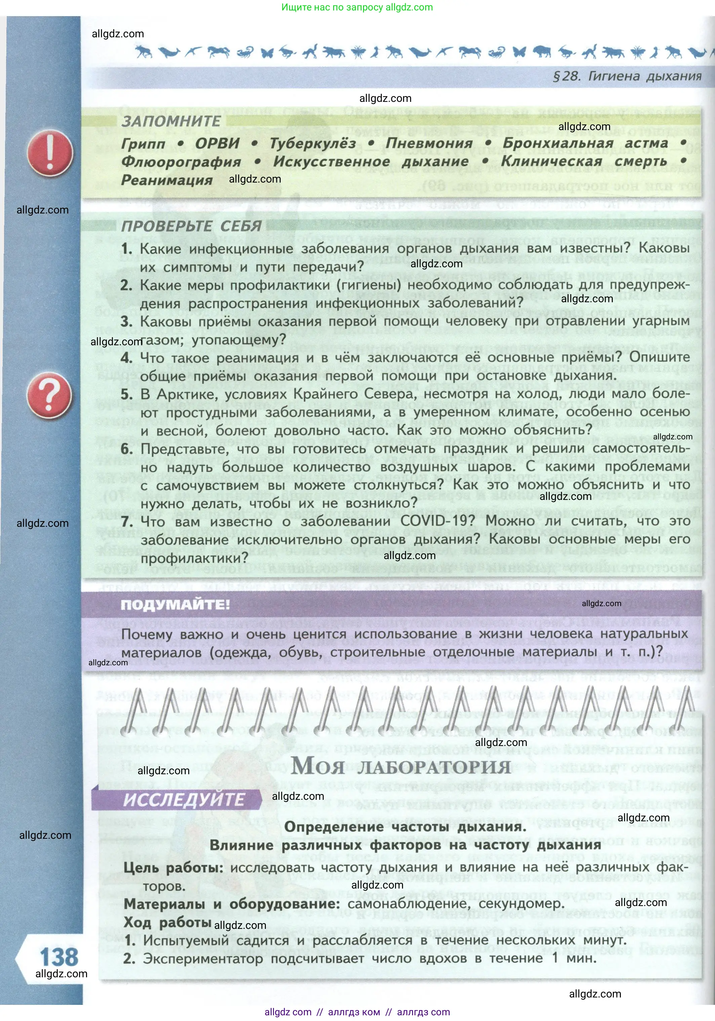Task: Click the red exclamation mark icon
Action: point(50,153)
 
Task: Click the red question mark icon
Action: point(49,395)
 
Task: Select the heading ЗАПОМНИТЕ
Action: point(171,121)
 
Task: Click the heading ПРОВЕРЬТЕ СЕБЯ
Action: point(191,226)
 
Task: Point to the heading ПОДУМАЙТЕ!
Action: point(175,605)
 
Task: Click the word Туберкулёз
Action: point(313,144)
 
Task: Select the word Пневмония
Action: point(429,144)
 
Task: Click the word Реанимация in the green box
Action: point(167,180)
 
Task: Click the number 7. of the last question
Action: point(127,521)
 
